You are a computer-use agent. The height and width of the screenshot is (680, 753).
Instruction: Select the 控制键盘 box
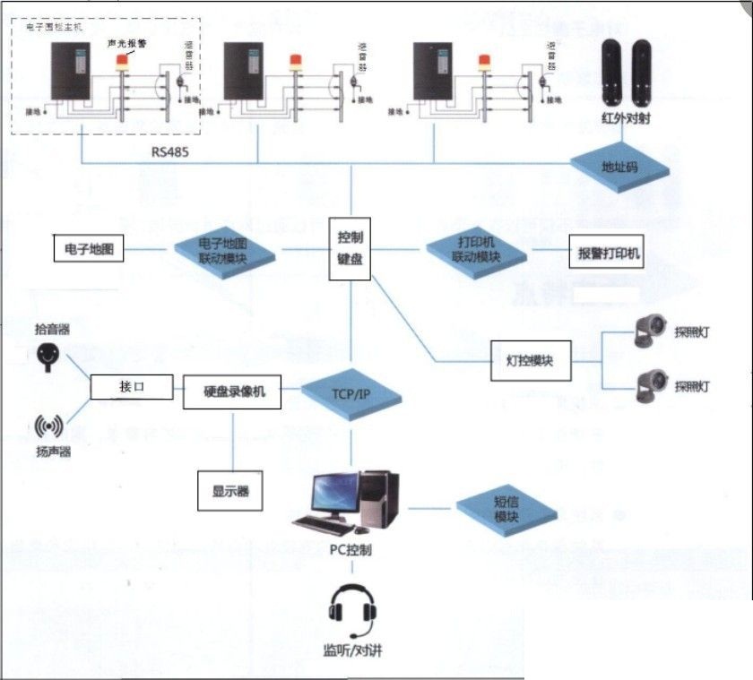point(350,248)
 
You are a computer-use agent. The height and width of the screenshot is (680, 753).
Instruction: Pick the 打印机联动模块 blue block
point(475,250)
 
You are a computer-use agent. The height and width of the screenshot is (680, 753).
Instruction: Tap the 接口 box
point(132,386)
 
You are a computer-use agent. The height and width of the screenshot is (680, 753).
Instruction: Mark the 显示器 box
point(230,490)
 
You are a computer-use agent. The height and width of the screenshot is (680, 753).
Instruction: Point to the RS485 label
point(170,151)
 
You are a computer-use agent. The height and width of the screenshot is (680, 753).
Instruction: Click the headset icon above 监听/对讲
point(350,608)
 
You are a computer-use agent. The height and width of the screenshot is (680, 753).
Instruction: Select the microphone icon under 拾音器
point(50,357)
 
